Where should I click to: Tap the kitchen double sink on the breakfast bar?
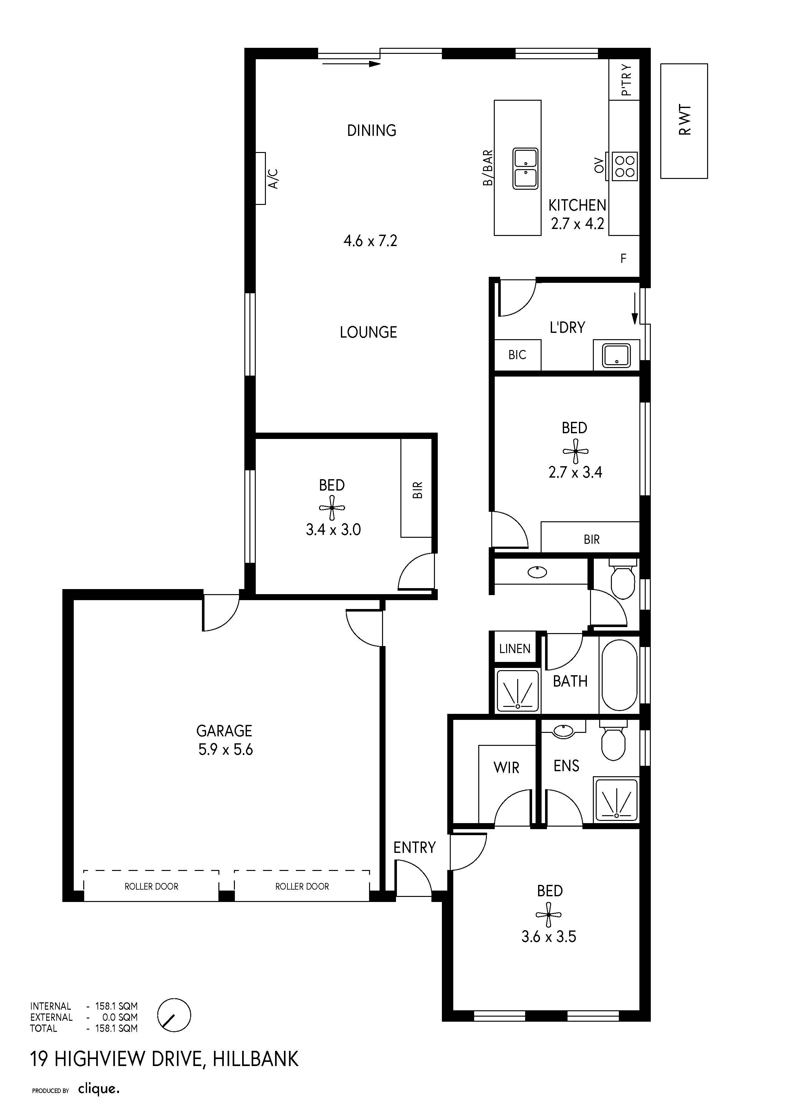[x=525, y=168]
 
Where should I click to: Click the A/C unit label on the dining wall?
[x=273, y=179]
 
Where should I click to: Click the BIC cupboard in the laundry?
[x=517, y=355]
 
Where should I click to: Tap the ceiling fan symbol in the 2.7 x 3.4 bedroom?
[x=575, y=451]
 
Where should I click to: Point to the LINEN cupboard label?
[x=515, y=648]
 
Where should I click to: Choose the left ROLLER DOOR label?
[x=151, y=886]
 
